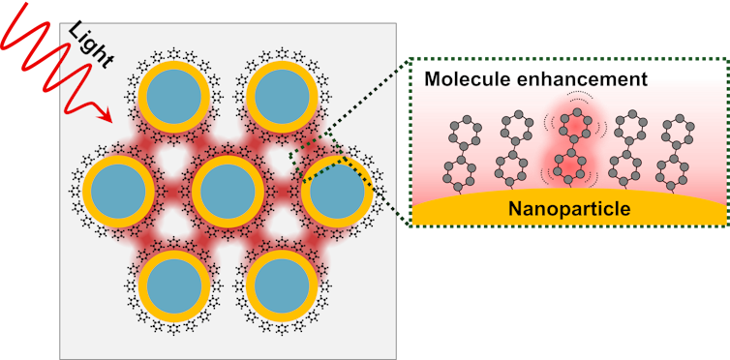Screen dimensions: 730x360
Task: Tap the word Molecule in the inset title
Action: [467, 80]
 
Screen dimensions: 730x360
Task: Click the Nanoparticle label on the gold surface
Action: [569, 208]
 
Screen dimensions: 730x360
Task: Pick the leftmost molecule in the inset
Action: [464, 150]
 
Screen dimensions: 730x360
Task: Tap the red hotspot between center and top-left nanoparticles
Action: [199, 144]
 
